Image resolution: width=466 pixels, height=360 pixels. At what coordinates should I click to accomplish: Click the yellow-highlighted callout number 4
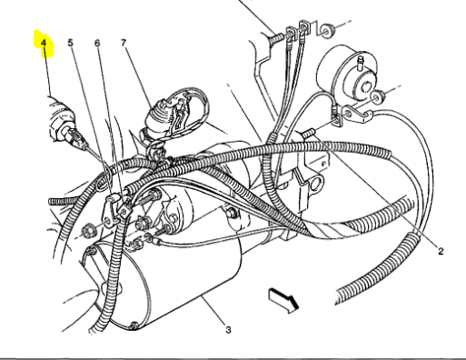pos(44,43)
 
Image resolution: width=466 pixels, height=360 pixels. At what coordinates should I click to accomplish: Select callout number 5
pos(70,43)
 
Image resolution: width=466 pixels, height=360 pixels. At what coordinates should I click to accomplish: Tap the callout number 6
pos(97,43)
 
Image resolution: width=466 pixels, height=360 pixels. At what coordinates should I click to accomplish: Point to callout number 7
pos(124,43)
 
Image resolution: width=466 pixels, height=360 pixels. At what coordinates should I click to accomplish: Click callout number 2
pos(441,251)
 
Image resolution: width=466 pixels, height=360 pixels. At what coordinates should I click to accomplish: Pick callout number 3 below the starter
pos(228,330)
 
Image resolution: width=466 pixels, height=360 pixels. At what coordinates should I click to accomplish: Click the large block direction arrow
pos(283,300)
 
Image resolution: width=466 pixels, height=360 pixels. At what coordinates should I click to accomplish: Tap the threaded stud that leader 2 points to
pos(309,133)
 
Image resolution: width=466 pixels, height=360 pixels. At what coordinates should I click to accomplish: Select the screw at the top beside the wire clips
pos(276,37)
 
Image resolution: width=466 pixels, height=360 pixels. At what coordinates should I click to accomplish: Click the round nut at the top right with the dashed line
pos(326,31)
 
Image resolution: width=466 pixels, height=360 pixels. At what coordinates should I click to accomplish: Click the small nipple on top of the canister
pos(361,60)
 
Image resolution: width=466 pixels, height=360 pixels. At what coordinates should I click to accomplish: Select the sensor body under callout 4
pos(62,121)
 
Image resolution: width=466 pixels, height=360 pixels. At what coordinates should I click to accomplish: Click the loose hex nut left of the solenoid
pos(88,233)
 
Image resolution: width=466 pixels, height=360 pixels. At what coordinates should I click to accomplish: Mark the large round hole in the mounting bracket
pos(316,185)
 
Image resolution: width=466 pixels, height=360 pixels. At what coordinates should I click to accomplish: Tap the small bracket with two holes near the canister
pos(357,115)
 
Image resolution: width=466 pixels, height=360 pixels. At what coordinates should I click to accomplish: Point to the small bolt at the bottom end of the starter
pos(133,325)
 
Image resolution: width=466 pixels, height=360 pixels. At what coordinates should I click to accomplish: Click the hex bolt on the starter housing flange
pos(231,213)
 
